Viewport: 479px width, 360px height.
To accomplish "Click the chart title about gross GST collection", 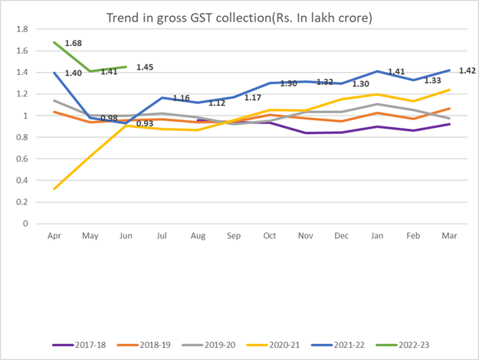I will (240, 16).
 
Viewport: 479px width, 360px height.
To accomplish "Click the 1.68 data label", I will (74, 43).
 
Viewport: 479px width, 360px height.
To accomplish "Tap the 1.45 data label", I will (146, 67).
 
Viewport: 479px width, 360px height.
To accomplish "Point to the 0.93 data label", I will (143, 123).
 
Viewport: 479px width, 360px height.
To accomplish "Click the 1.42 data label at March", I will (467, 70).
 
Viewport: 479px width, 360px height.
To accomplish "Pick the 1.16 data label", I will (181, 98).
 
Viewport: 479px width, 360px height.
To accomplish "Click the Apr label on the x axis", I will (54, 237).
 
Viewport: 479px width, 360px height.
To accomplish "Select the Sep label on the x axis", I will (234, 237).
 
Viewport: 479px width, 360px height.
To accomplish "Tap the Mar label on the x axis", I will (449, 237).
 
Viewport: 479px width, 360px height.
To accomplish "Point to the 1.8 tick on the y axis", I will (22, 29).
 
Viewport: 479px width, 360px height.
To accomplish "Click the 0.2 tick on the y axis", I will (22, 202).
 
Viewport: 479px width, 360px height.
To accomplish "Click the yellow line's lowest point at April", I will (54, 188).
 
